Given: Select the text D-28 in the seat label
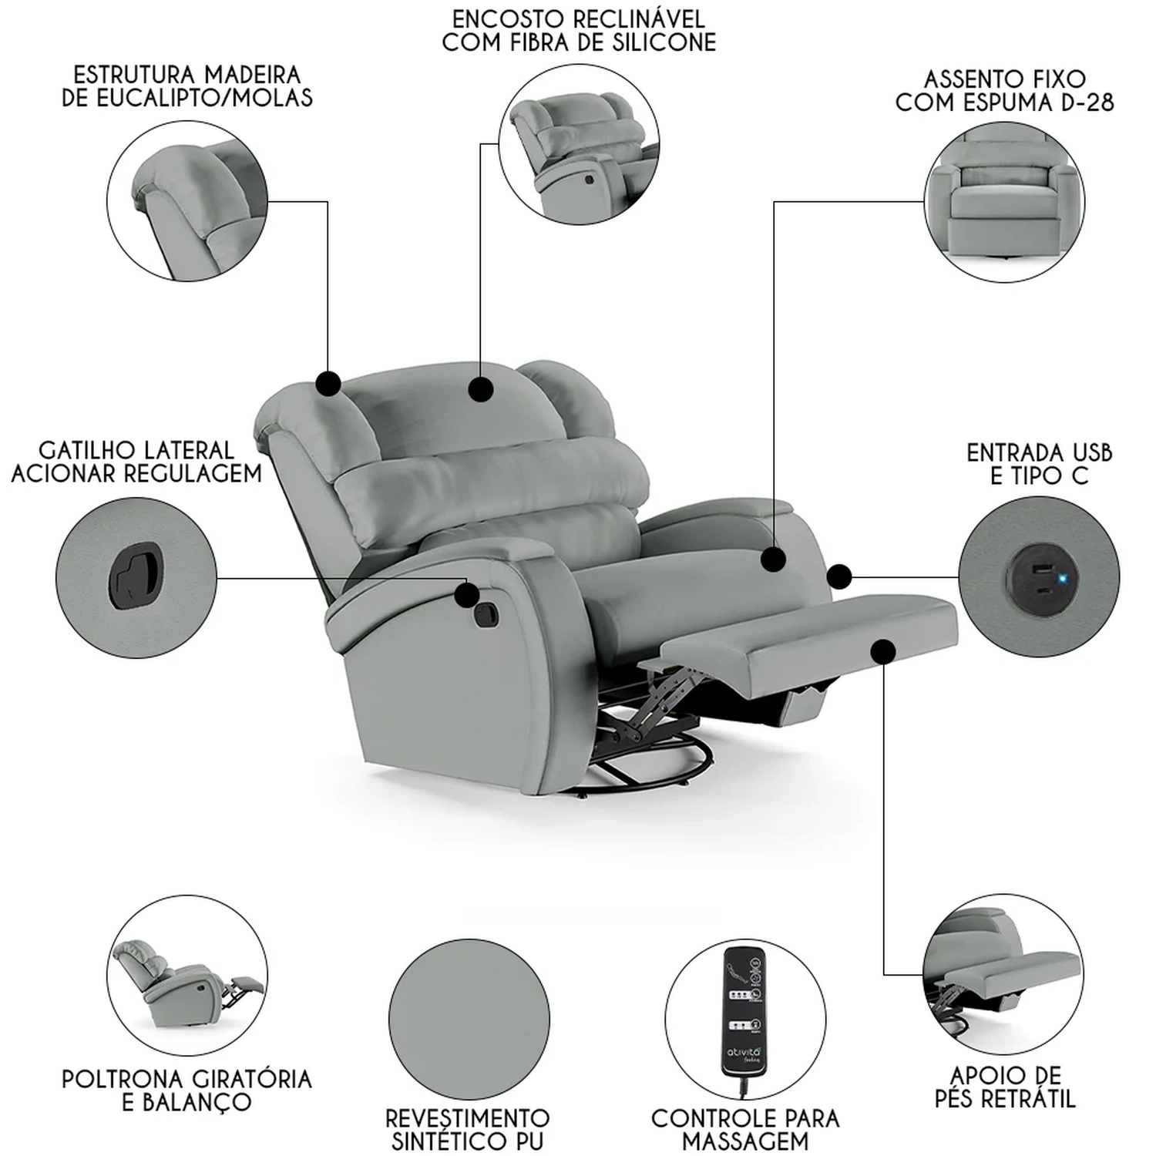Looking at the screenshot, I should click(x=1087, y=102).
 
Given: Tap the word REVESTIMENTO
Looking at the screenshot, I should click(x=467, y=1118).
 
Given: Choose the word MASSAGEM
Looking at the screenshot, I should click(x=745, y=1141).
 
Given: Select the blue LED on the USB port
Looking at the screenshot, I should click(x=1063, y=577).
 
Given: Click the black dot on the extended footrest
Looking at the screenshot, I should click(x=884, y=652).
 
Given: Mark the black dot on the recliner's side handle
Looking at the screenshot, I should click(x=466, y=594).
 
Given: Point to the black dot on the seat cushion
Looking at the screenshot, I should click(x=773, y=560).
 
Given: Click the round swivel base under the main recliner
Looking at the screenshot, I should click(x=655, y=759).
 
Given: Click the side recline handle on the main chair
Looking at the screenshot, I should click(x=486, y=614).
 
